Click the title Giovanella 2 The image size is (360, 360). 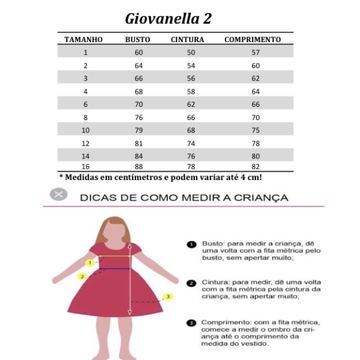pos(168,19)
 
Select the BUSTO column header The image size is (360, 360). pos(137,40)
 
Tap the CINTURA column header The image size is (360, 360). pos(187,40)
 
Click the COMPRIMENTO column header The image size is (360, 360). pos(253,40)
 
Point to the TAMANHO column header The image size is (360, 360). pos(83,40)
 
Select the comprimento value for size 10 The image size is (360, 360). pos(256,130)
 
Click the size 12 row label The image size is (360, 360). pos(85,143)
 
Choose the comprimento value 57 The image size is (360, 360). pos(256,53)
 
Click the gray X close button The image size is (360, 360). pos(58,194)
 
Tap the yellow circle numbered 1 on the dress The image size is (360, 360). pos(89,263)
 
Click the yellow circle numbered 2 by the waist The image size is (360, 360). pos(83,276)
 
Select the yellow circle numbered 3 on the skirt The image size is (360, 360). pos(169,296)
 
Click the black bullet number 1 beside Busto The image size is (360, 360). pos(192,244)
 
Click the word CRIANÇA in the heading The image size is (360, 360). pos(259,197)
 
